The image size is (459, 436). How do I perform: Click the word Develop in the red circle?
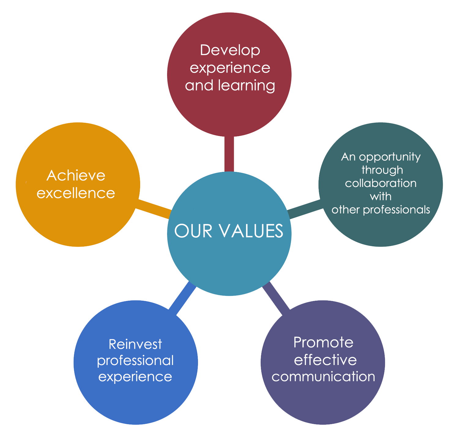[x=230, y=50]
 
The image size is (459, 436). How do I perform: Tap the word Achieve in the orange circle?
[x=76, y=176]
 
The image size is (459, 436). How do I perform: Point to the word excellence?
[x=76, y=193]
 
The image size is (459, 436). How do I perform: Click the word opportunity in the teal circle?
[x=390, y=157]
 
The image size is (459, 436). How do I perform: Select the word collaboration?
[x=381, y=183]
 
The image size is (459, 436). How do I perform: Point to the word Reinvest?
[x=135, y=345]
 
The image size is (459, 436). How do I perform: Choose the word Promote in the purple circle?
[x=323, y=342]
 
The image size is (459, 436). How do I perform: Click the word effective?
[x=325, y=360]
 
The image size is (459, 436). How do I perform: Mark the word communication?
[x=323, y=376]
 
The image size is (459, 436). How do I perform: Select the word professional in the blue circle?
[x=135, y=360]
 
